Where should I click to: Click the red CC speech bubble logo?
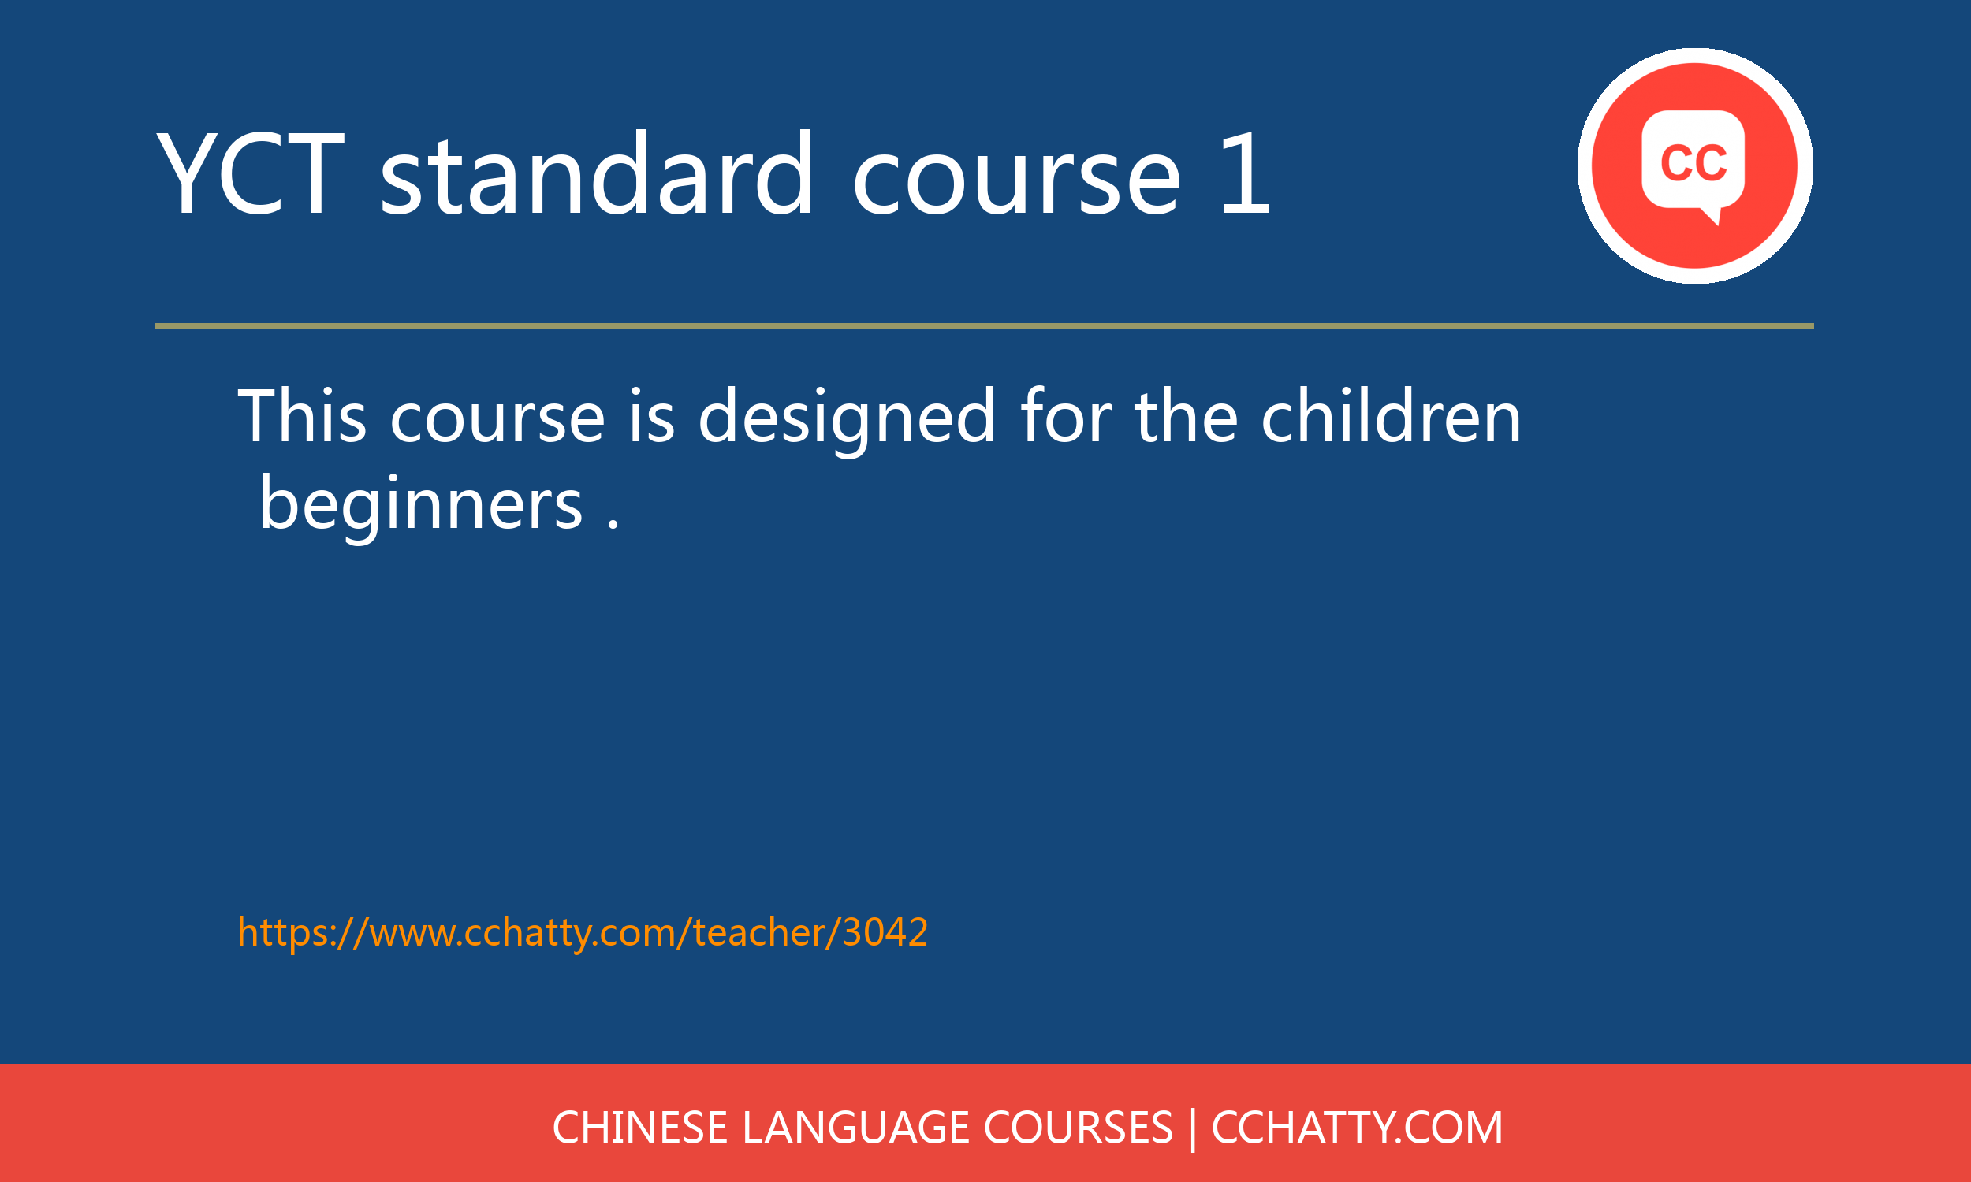click(1694, 165)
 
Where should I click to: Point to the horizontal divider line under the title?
click(984, 325)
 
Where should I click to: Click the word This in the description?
click(302, 416)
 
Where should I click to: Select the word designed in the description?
click(846, 418)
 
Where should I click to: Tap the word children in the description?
click(1391, 416)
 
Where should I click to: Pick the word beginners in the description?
click(421, 504)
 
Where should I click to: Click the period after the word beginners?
click(613, 524)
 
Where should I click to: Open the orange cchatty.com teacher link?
click(583, 932)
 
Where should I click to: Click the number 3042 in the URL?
click(885, 932)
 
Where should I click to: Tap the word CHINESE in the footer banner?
click(639, 1128)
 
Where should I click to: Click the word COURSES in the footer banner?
click(1078, 1128)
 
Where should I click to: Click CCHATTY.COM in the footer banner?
click(1357, 1128)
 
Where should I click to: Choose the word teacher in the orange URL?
click(758, 932)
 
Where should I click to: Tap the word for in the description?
click(1065, 416)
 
